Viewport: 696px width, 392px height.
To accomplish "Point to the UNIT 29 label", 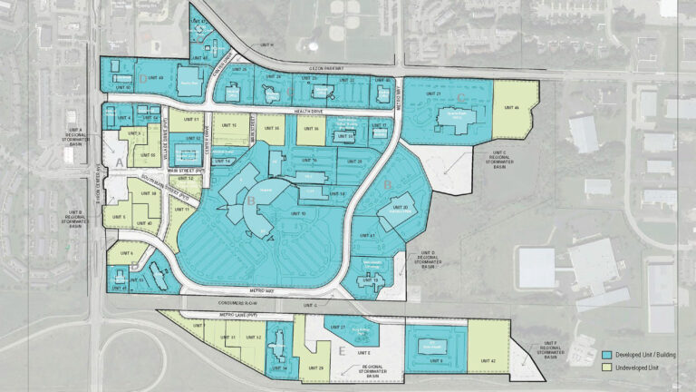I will (x=315, y=367).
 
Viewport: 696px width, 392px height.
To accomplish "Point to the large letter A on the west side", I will (x=119, y=162).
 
